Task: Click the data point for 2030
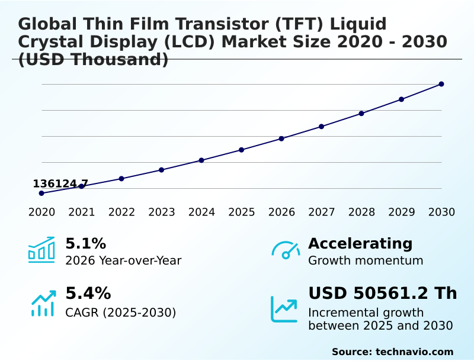click(441, 84)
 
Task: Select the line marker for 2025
click(242, 150)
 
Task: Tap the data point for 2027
click(322, 127)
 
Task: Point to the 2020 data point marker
click(41, 193)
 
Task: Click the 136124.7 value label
click(60, 183)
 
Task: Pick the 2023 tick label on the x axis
click(162, 212)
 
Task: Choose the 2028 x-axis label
click(361, 212)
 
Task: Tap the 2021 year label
click(82, 212)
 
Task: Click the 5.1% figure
click(85, 243)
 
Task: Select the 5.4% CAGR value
click(88, 293)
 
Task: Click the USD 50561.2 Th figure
click(382, 293)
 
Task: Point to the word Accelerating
click(360, 243)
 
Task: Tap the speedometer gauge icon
click(286, 250)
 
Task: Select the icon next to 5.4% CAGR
click(43, 303)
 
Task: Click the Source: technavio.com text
click(392, 352)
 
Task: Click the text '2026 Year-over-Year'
click(123, 260)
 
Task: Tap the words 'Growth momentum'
click(366, 260)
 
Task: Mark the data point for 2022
click(121, 178)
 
